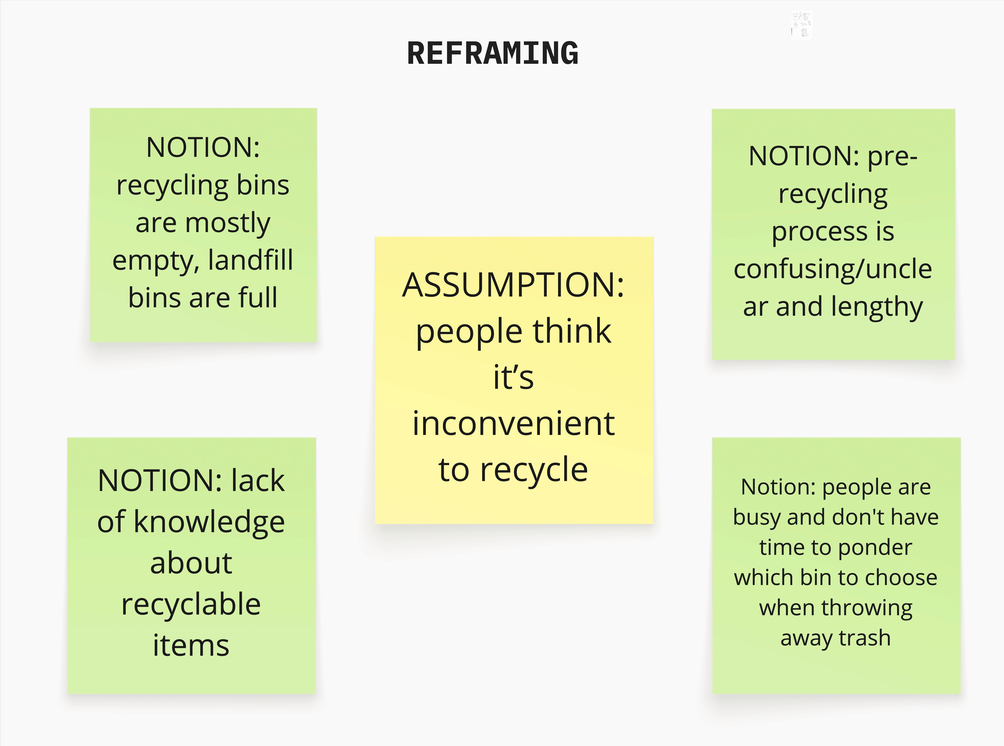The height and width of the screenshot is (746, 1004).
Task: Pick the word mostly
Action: click(228, 223)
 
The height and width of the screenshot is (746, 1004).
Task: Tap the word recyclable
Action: click(191, 604)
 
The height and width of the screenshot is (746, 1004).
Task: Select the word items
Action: click(191, 645)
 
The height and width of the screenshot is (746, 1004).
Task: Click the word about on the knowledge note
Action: click(191, 563)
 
